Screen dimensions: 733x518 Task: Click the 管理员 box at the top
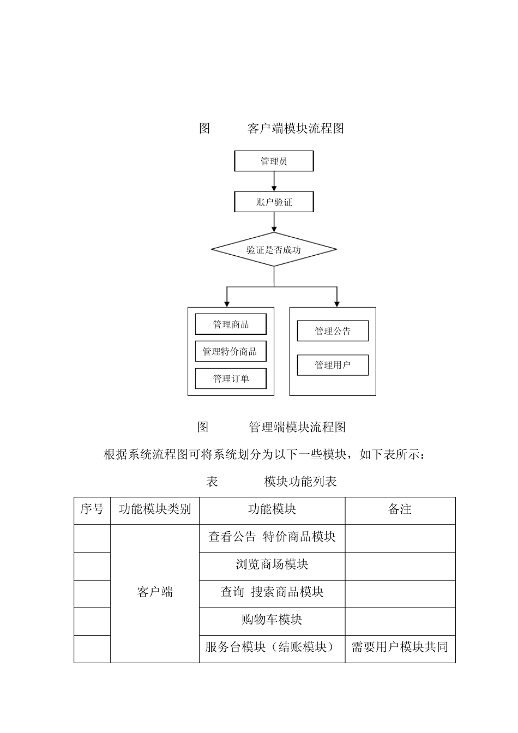coord(274,161)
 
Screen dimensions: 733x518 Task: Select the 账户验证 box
coord(274,202)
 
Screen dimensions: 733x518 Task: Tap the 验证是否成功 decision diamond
coord(274,250)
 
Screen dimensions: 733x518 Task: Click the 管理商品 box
coord(231,325)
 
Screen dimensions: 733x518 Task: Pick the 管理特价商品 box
coord(231,352)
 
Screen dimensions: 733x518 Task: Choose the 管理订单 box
coord(231,378)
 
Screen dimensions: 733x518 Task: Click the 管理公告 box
coord(333,331)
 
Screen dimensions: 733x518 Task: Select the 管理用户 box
coord(333,365)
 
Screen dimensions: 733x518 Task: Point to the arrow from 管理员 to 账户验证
coord(274,182)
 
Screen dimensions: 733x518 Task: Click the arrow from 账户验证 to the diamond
coord(274,222)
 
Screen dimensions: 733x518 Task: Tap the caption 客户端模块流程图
coord(296,129)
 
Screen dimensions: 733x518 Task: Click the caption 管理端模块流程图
coord(297,427)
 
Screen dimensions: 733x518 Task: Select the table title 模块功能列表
coord(300,482)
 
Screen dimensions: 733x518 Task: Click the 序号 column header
coord(92,509)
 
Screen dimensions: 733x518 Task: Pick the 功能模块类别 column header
coord(155,509)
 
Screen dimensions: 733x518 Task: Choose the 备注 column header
coord(400,509)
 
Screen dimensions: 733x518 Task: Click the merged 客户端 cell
coord(155,592)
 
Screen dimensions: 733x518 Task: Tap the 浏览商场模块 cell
coord(272,564)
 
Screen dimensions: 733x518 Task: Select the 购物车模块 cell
coord(272,620)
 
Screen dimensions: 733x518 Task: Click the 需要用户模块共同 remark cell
coord(400,647)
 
